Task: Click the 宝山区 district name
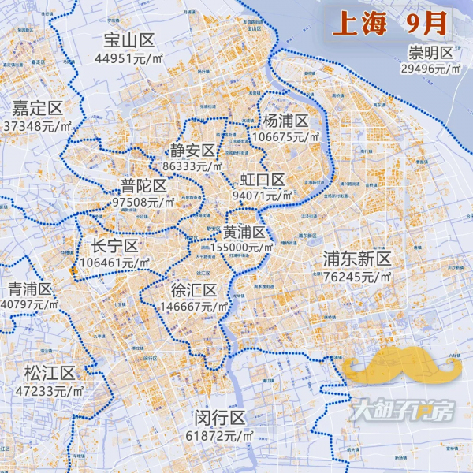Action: coord(130,41)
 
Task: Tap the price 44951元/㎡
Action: coord(130,58)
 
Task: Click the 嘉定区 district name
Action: coord(36,109)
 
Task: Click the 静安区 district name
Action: coord(193,151)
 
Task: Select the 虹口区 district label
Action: coord(263,180)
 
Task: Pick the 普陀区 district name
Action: coord(143,186)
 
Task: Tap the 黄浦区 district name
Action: coord(243,233)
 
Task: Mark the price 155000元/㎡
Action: coord(236,248)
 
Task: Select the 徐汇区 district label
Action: coord(194,291)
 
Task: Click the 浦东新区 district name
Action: coord(357,259)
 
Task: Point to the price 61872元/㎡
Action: coord(220,435)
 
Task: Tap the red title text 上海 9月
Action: coord(391,24)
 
